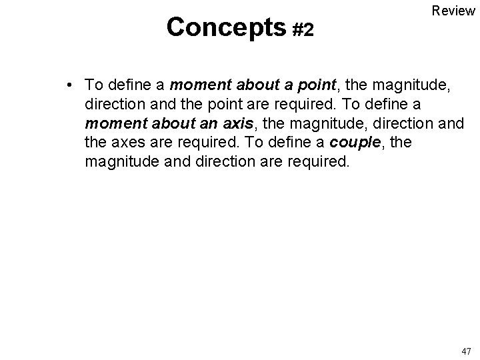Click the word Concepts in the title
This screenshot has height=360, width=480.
(x=226, y=27)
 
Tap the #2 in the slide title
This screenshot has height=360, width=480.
(x=303, y=29)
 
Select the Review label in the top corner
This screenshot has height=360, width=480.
(x=453, y=11)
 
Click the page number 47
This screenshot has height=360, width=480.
(x=465, y=351)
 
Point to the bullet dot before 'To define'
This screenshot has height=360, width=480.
(x=69, y=85)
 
